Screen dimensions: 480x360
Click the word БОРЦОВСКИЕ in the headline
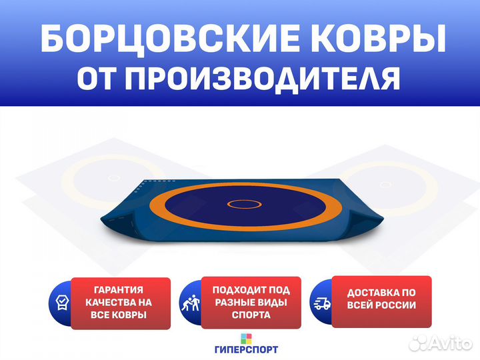pyautogui.click(x=169, y=39)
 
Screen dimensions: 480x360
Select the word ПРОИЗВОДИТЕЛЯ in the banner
pyautogui.click(x=263, y=79)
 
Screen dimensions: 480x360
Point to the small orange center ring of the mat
pyautogui.click(x=244, y=204)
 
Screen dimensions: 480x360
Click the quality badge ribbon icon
pyautogui.click(x=62, y=303)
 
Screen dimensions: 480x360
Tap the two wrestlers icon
pyautogui.click(x=191, y=303)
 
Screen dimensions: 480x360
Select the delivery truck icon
pyautogui.click(x=322, y=303)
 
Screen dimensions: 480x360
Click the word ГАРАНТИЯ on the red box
pyautogui.click(x=119, y=289)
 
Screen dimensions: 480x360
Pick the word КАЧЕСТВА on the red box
pyautogui.click(x=107, y=303)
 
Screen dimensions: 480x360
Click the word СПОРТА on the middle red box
pyautogui.click(x=251, y=315)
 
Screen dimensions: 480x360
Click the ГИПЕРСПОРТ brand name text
pyautogui.click(x=247, y=349)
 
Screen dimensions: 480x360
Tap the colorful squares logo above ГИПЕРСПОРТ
pyautogui.click(x=246, y=339)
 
